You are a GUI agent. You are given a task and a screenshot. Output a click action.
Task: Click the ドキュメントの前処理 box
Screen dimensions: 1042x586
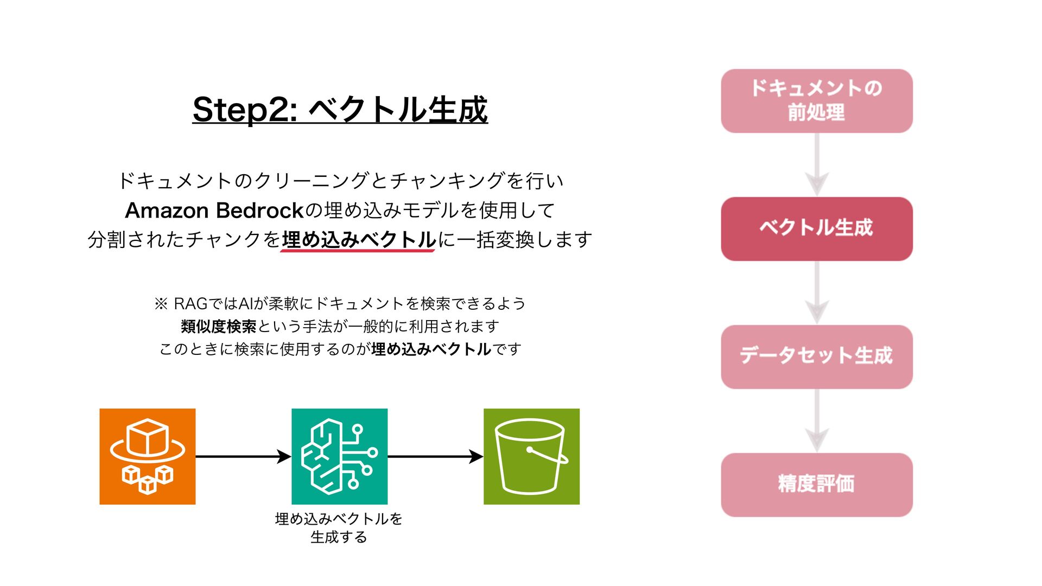click(816, 101)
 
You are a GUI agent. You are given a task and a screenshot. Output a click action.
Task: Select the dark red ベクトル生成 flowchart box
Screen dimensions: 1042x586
click(816, 228)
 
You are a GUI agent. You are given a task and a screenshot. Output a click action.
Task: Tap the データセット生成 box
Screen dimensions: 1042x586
click(816, 356)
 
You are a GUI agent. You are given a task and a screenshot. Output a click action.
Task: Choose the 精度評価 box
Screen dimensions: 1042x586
click(816, 485)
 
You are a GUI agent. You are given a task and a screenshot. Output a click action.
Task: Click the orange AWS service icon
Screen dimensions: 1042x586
click(148, 456)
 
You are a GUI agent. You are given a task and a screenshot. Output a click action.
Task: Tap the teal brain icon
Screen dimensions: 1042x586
click(339, 456)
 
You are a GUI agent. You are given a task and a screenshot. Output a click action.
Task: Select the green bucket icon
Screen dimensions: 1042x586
click(531, 456)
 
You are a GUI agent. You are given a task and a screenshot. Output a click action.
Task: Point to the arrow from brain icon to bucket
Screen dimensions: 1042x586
click(435, 456)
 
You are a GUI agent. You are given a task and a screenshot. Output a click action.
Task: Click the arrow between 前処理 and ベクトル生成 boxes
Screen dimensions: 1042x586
click(816, 165)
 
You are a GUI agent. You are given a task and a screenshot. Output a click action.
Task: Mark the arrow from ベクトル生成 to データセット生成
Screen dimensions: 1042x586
click(816, 293)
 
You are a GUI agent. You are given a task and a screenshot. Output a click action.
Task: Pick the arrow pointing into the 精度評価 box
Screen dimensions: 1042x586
click(816, 421)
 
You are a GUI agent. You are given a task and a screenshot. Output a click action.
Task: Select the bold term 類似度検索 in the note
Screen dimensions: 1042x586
click(218, 327)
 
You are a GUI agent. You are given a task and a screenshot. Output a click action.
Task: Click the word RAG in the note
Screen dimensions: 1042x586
click(190, 303)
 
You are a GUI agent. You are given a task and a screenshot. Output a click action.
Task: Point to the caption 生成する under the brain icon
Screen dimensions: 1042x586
click(339, 537)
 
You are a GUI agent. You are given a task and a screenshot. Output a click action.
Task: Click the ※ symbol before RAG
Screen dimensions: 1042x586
click(161, 303)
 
